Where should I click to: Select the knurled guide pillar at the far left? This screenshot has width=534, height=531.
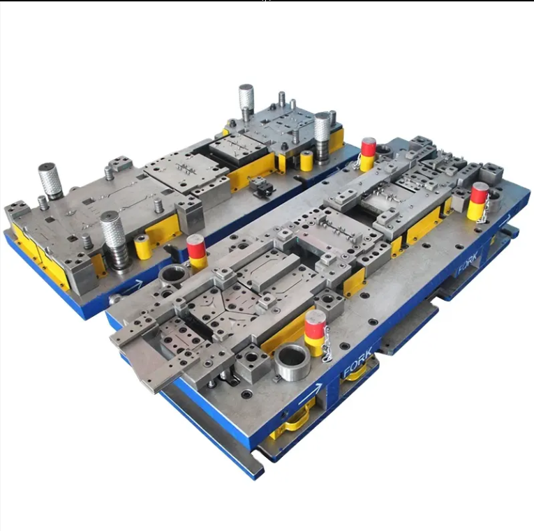click(50, 180)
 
